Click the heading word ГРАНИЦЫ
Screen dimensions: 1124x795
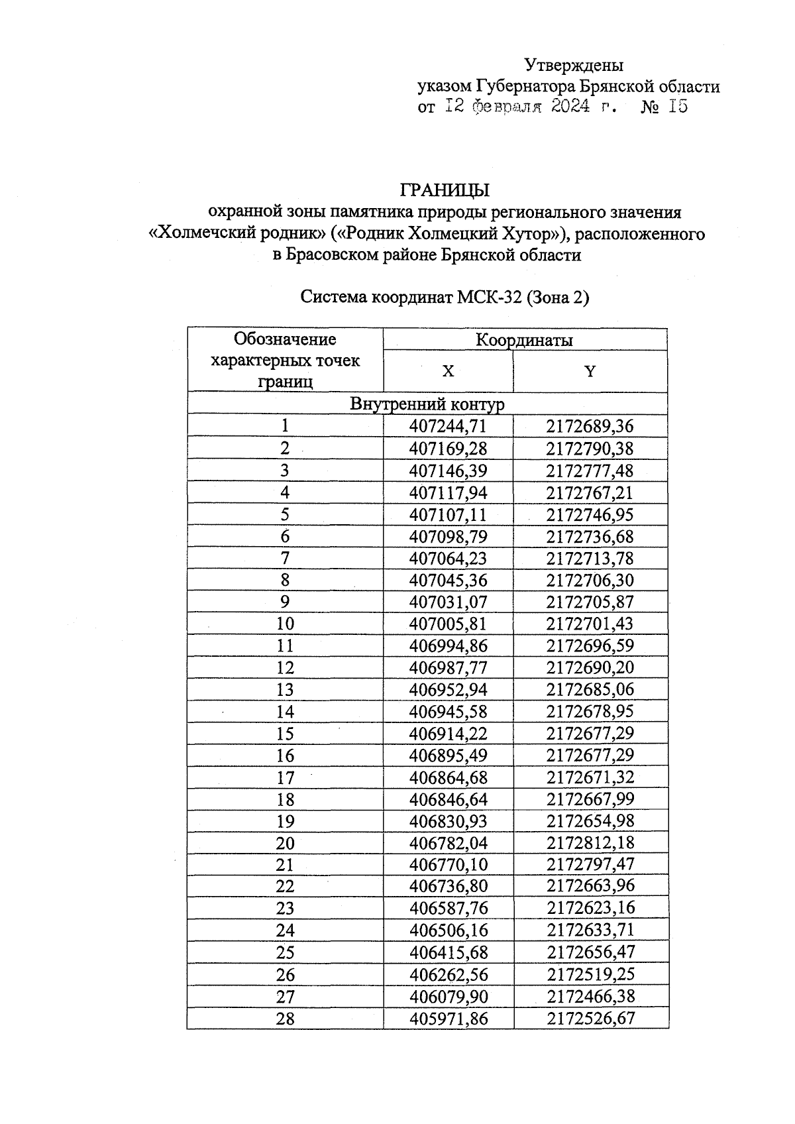[x=445, y=190]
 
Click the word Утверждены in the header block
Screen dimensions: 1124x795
[x=574, y=65]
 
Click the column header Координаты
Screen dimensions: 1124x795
[x=524, y=340]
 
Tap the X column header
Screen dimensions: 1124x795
[x=448, y=371]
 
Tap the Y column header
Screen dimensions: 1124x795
[x=590, y=371]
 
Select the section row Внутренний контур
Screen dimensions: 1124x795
[x=427, y=404]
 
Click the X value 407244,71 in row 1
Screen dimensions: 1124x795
[x=448, y=426]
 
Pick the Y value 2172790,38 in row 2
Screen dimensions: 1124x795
[x=590, y=449]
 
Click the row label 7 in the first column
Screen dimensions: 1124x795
[x=285, y=558]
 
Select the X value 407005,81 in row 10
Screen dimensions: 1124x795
[x=448, y=624]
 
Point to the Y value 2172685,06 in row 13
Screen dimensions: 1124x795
[x=590, y=689]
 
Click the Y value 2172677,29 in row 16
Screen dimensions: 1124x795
[x=590, y=755]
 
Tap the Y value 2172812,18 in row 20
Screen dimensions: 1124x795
[x=590, y=842]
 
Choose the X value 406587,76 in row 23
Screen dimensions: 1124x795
[x=448, y=908]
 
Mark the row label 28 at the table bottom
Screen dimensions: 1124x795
[x=285, y=1018]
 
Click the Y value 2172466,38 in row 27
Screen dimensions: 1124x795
[x=590, y=996]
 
